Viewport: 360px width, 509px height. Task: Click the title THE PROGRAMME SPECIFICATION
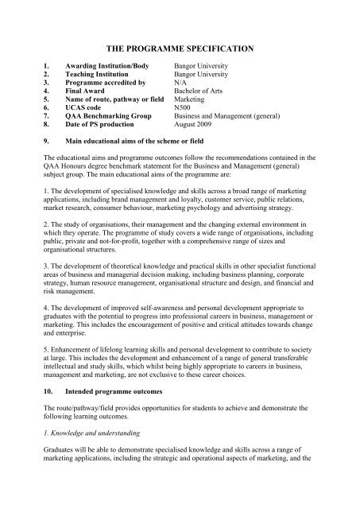pos(180,49)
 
